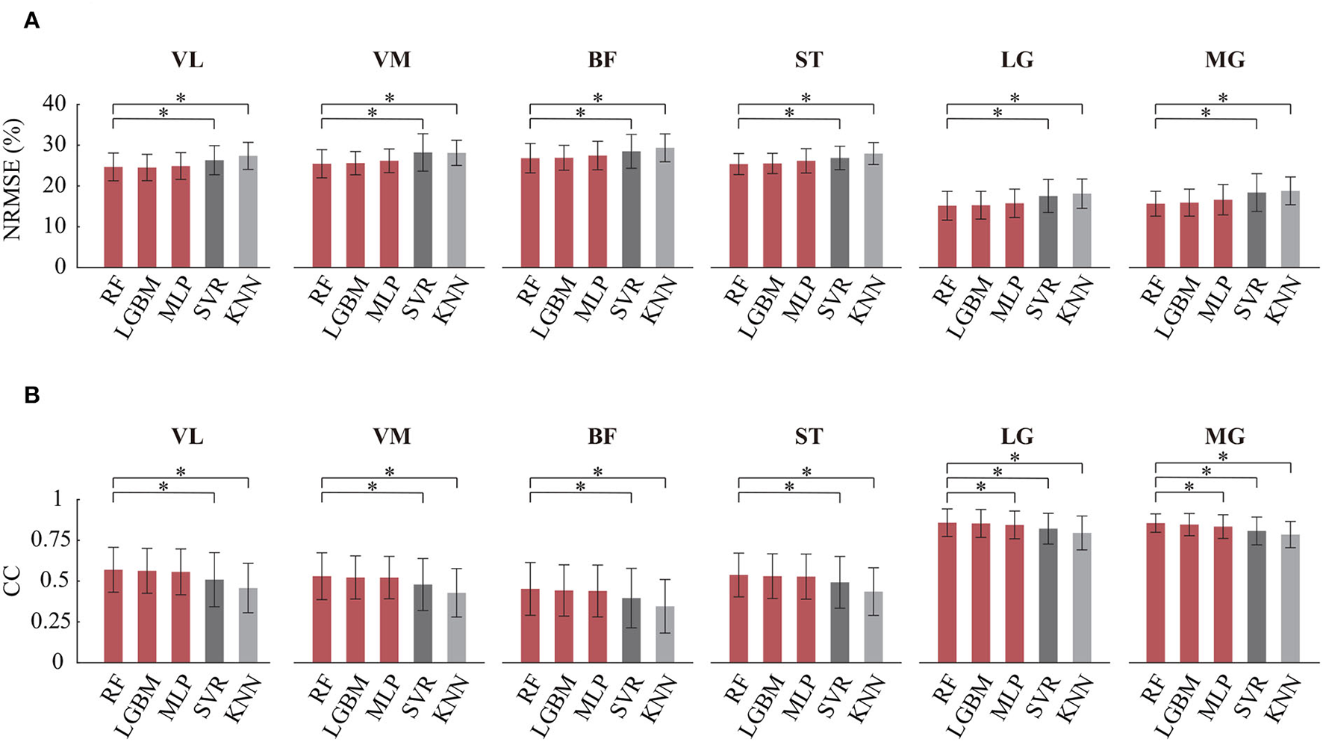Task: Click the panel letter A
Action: (31, 21)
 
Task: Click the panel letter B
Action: (31, 395)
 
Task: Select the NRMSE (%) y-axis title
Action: (13, 180)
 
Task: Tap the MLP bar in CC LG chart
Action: (1015, 593)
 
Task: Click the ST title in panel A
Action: (809, 60)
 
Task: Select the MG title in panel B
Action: (1224, 436)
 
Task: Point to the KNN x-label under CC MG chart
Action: (1286, 699)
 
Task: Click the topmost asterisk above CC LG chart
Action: (1015, 457)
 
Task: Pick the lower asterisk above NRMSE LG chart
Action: (997, 114)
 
